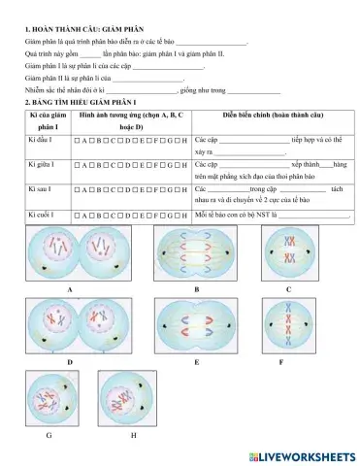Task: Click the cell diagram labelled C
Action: click(288, 255)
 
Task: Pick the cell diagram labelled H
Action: click(131, 398)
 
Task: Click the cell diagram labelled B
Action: click(196, 254)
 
